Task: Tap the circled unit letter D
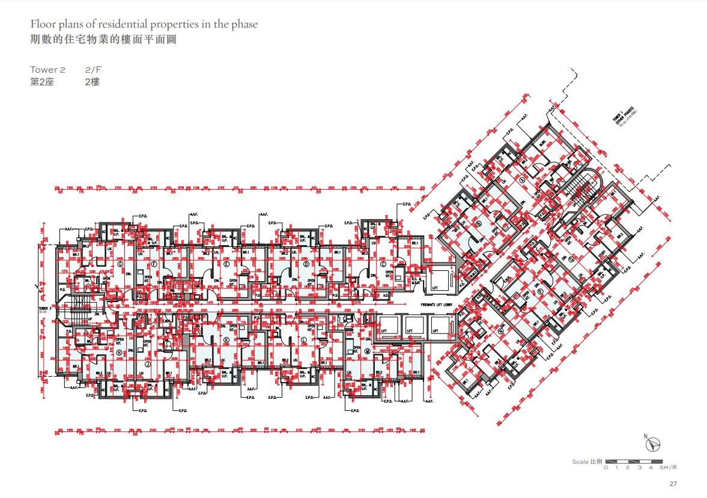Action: pyautogui.click(x=306, y=263)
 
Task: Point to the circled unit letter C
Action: pyautogui.click(x=382, y=263)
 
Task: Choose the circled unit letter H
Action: pyautogui.click(x=120, y=352)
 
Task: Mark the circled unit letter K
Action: pyautogui.click(x=226, y=339)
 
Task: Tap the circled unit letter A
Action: pyautogui.click(x=523, y=180)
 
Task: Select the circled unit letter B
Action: pyautogui.click(x=479, y=224)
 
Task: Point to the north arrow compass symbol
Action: pyautogui.click(x=654, y=445)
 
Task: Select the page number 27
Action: pyautogui.click(x=673, y=484)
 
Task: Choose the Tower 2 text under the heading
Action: pyautogui.click(x=48, y=70)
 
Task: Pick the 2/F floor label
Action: pyautogui.click(x=94, y=70)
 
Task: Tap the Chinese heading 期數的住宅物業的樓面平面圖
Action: pyautogui.click(x=103, y=40)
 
